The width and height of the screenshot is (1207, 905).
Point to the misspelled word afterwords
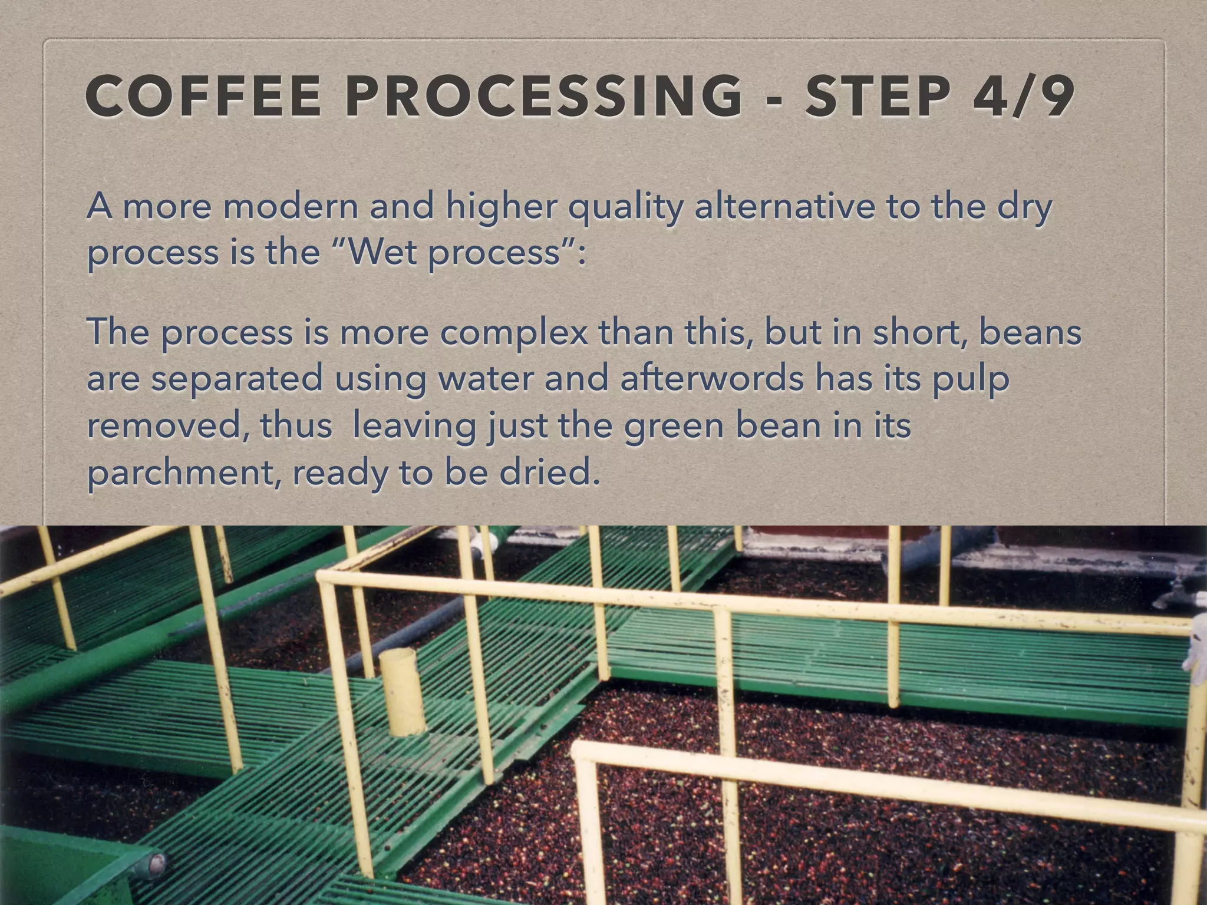tap(712, 378)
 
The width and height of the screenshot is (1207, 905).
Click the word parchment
tap(183, 473)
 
